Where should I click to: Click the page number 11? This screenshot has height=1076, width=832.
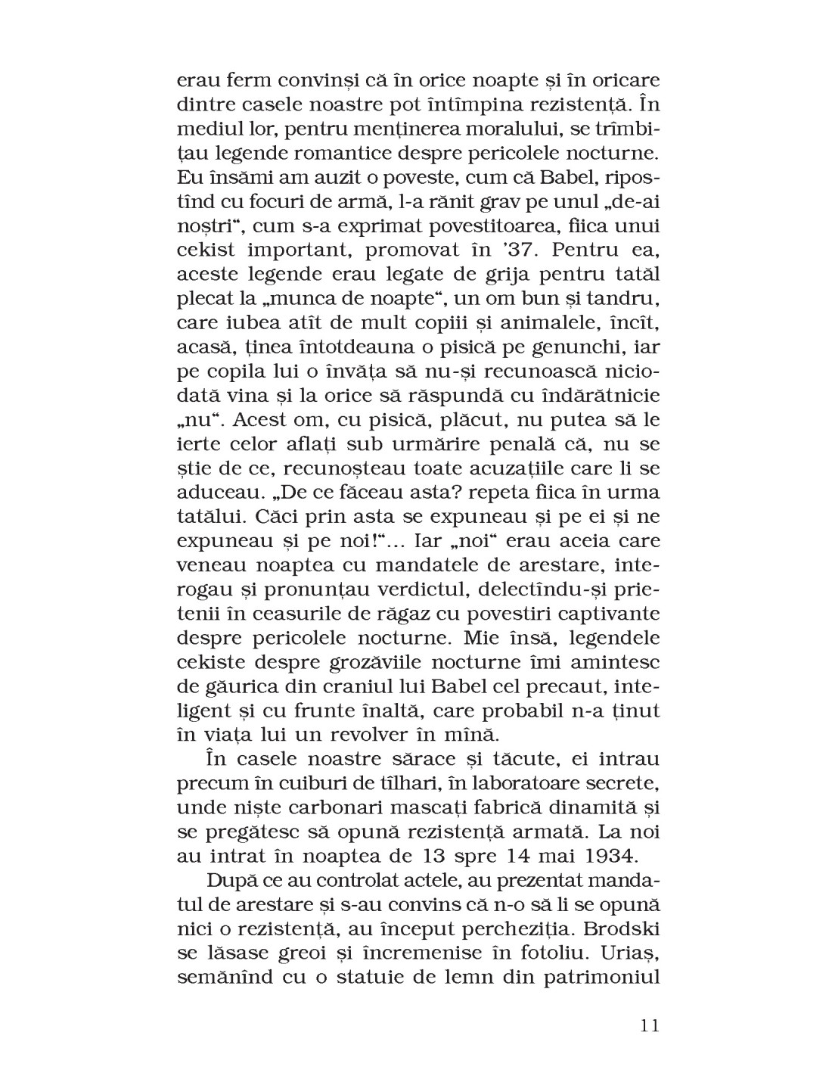(649, 1026)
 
